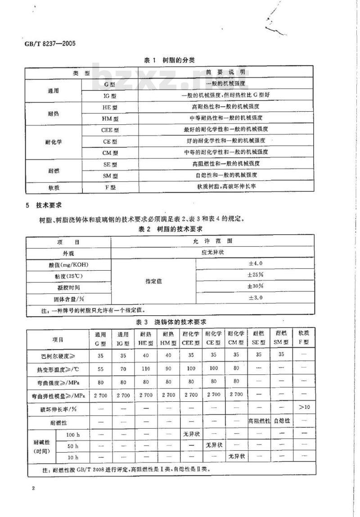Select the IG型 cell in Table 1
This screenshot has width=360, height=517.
109,95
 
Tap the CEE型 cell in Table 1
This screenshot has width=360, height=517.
109,130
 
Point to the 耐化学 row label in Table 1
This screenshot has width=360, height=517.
54,141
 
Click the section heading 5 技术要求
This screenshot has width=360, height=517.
45,206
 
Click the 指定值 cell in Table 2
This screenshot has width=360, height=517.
153,281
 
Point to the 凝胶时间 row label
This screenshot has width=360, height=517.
68,287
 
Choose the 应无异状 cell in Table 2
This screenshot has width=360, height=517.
211,252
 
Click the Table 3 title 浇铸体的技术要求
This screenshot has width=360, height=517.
171,322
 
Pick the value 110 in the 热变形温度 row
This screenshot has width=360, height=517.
145,368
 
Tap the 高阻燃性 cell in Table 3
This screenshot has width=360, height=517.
258,421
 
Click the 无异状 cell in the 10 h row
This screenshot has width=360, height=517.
236,456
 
